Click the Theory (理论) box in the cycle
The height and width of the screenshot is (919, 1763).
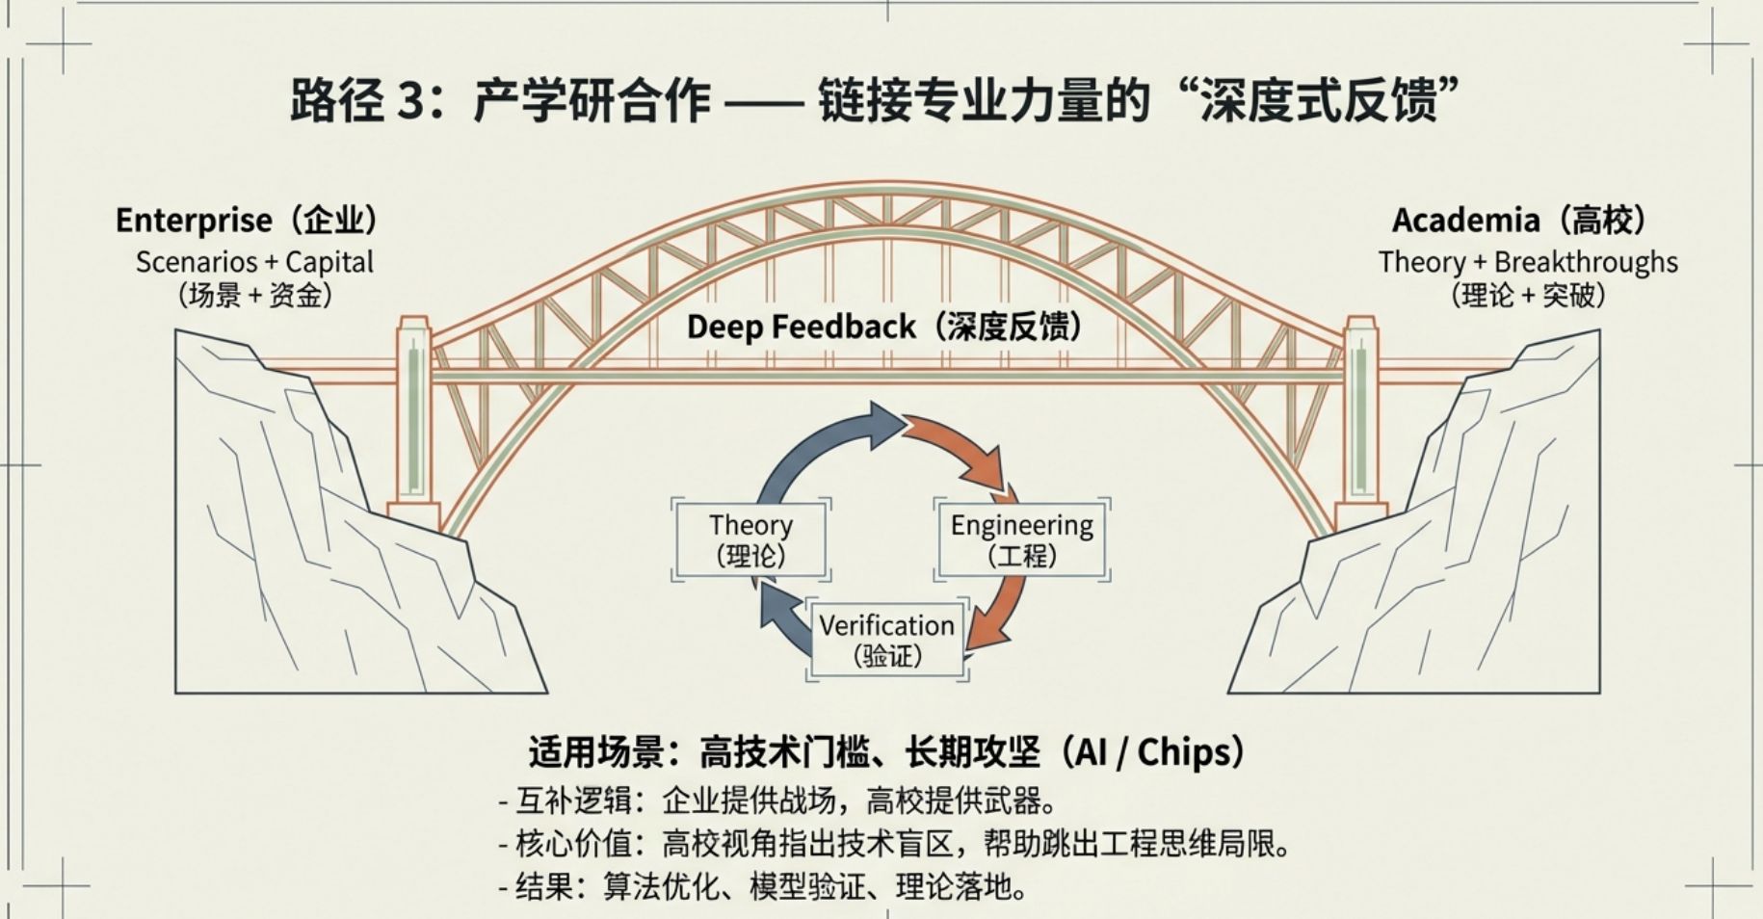coord(750,539)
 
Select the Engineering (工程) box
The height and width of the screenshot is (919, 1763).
coord(1021,539)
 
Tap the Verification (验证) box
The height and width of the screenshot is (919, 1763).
coord(886,640)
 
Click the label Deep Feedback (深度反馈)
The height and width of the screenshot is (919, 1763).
coord(883,328)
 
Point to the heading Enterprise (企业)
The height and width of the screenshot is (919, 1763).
coord(247,221)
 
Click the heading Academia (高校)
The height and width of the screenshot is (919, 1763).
coord(1518,221)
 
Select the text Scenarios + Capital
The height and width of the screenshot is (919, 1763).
coord(254,262)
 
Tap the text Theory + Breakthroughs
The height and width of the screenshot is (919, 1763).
coord(1528,262)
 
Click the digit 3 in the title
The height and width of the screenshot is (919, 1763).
coord(410,100)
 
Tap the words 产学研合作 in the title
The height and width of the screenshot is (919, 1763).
coord(592,100)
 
